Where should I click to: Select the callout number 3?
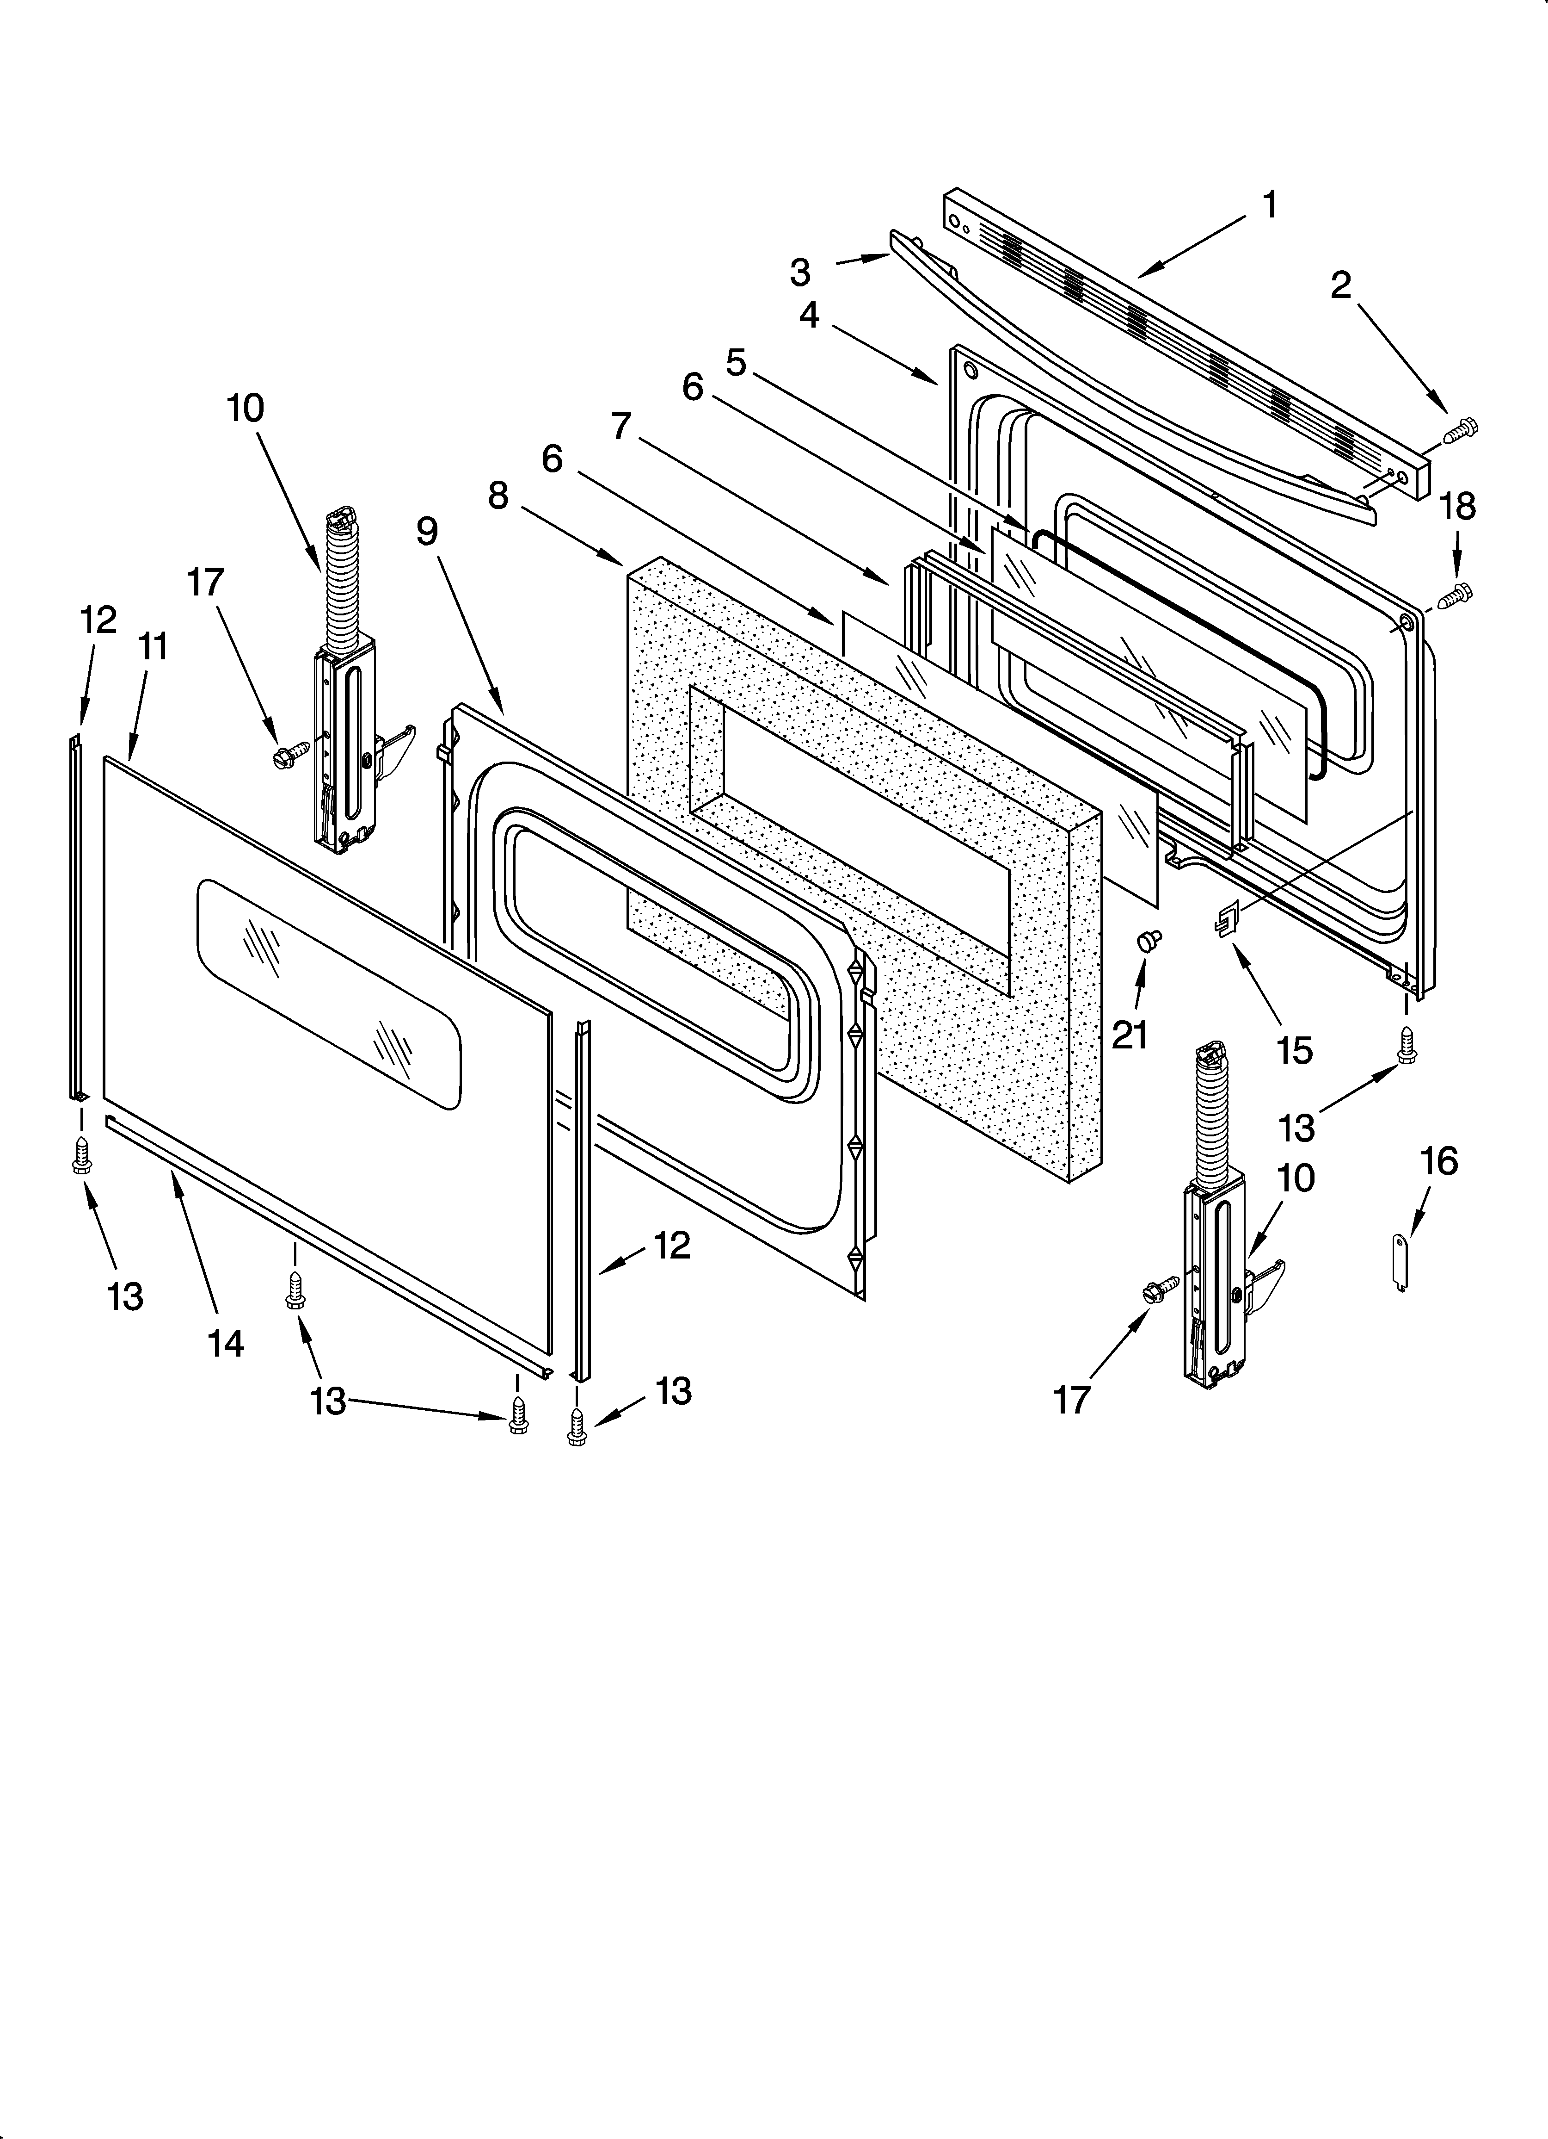tap(799, 273)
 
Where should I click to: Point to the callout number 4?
tap(809, 315)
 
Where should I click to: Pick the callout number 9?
tap(427, 532)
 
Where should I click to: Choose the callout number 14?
tap(226, 1343)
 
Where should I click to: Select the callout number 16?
tap(1438, 1161)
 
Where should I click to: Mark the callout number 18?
tap(1457, 507)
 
